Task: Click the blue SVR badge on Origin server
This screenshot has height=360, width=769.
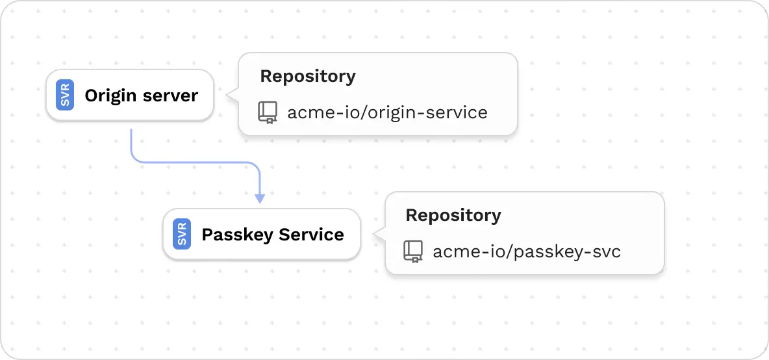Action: click(x=65, y=96)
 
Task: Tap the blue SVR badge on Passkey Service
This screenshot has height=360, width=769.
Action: click(x=182, y=235)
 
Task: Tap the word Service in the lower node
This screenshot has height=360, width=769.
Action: click(x=313, y=235)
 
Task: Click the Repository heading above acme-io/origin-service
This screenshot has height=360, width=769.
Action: click(x=307, y=76)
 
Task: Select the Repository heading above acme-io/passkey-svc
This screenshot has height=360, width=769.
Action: click(x=453, y=215)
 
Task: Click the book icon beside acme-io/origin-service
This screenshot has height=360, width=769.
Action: click(x=267, y=112)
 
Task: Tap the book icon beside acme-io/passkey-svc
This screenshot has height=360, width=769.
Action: click(x=412, y=251)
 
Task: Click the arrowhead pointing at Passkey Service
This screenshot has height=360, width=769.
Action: click(x=260, y=198)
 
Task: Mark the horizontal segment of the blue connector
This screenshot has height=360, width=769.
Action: click(x=195, y=162)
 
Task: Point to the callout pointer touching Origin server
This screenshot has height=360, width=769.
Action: click(x=231, y=96)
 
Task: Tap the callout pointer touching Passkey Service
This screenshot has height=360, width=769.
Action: click(x=377, y=234)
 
